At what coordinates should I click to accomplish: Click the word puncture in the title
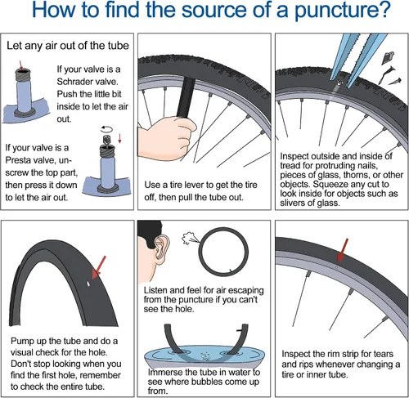342,11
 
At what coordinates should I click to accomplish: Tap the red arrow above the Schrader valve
20,65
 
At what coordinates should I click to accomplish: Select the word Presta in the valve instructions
18,160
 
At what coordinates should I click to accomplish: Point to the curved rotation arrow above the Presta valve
106,129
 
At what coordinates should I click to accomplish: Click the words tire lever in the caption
188,185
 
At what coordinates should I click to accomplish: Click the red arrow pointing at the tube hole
99,268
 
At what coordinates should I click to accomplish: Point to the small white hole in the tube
88,284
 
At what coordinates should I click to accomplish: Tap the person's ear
161,248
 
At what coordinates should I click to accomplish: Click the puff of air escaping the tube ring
188,238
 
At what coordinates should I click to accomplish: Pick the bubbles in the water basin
205,356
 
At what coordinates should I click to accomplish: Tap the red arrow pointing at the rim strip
342,250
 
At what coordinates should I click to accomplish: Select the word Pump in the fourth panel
22,341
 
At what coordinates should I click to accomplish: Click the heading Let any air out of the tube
68,46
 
